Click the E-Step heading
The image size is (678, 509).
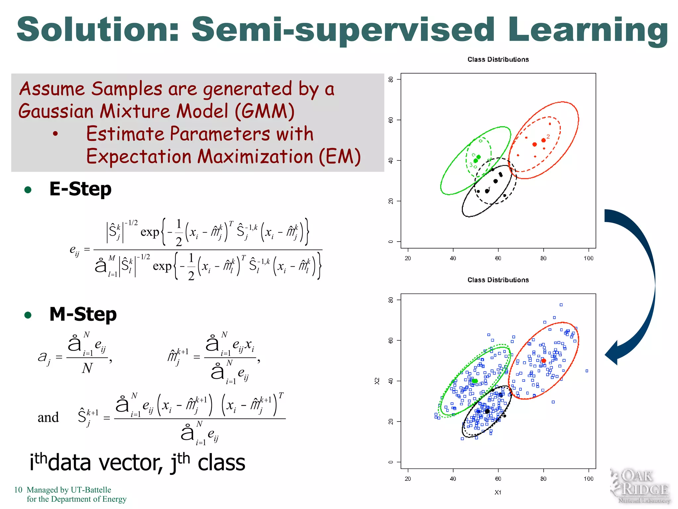click(80, 189)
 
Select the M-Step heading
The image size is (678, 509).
click(83, 314)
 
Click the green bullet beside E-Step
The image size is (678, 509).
click(28, 190)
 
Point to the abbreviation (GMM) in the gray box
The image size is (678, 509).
click(264, 111)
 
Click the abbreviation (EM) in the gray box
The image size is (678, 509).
click(339, 156)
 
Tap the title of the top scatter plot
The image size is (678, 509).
click(498, 59)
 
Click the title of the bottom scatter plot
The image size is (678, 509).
click(498, 280)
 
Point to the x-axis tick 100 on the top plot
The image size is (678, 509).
click(588, 258)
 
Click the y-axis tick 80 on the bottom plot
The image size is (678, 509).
click(391, 300)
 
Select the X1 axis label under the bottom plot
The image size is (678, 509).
click(498, 492)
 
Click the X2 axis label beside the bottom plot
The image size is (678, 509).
click(377, 381)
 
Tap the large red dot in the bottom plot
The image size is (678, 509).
click(543, 361)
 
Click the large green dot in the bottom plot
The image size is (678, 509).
click(475, 381)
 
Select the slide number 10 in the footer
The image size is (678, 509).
click(18, 490)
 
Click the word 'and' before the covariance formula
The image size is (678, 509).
click(48, 417)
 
